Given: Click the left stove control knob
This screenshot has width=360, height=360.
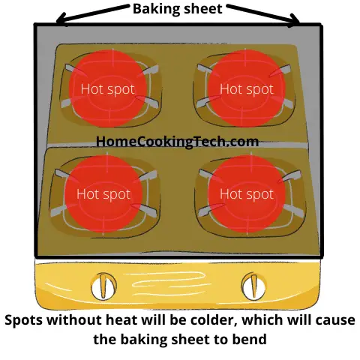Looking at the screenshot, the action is pos(103,286).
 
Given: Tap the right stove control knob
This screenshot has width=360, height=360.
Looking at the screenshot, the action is pos(253,286).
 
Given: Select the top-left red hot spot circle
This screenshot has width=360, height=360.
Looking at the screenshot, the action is pos(108,88).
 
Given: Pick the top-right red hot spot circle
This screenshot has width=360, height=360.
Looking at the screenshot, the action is pos(247,88).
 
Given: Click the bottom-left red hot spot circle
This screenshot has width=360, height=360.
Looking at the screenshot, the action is pos(103,193).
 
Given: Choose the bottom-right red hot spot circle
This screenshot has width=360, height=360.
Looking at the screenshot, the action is pos(247,193).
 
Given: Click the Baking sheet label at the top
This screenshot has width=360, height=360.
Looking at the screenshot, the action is pos(177,8).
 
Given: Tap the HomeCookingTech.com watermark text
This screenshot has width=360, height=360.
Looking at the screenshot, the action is pos(177,141).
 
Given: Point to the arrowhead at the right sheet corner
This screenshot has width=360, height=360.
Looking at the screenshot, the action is pos(294,21).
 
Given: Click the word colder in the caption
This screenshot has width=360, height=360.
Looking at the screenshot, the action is pos(212,320).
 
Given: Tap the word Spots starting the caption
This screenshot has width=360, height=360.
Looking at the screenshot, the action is pos(23,320).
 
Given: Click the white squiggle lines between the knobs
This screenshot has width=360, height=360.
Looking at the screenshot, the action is pos(165,283).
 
